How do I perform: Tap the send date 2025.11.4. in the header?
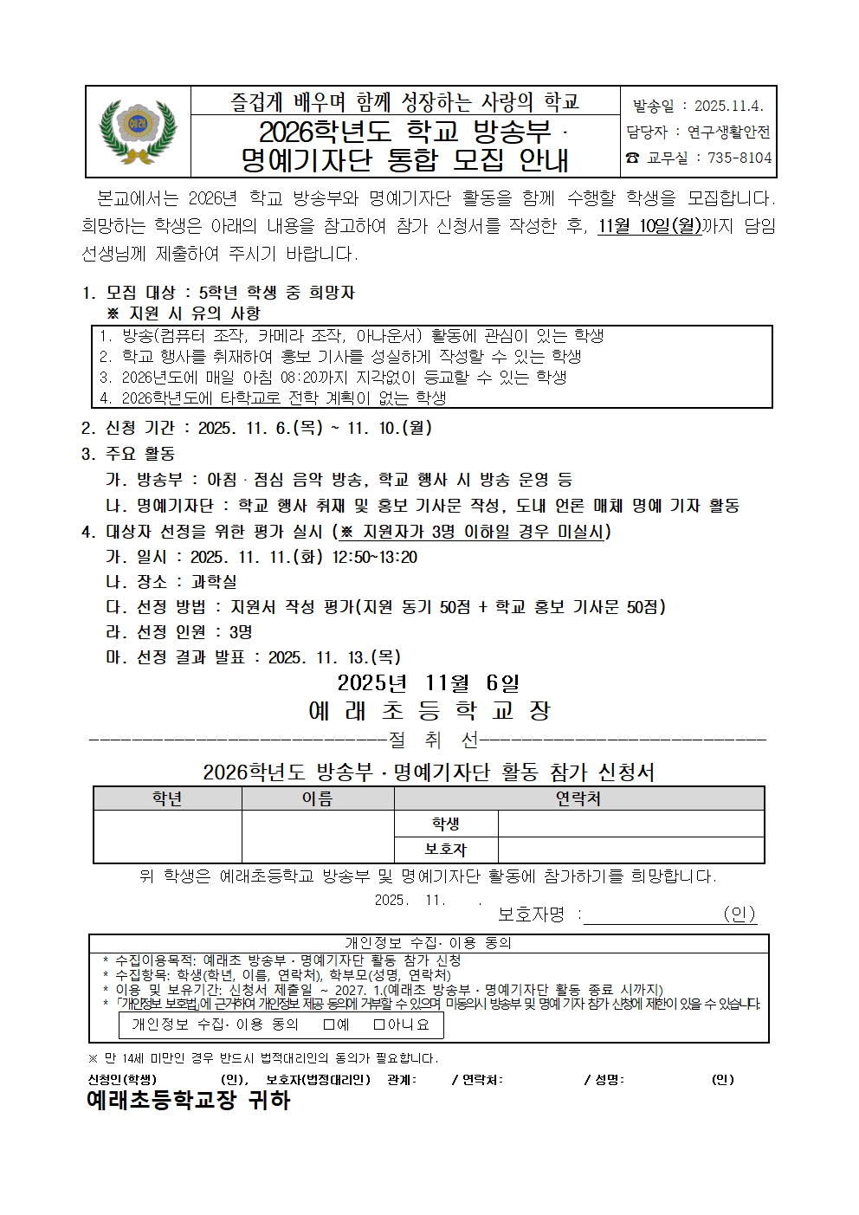725,107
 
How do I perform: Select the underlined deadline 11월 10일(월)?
649,227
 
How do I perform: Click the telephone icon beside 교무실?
632,158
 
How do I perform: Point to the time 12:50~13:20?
374,557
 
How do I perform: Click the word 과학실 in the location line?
214,582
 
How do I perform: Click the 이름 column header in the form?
317,798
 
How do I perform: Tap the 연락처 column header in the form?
578,798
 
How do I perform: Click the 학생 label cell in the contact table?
446,824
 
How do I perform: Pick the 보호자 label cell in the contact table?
446,850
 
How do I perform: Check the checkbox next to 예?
329,1024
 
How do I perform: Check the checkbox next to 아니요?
379,1024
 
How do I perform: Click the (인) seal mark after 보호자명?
739,914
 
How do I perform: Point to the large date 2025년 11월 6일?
429,682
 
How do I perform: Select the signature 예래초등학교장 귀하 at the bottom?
188,1101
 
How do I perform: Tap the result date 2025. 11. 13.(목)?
334,657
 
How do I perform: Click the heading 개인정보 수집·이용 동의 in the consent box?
429,943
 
